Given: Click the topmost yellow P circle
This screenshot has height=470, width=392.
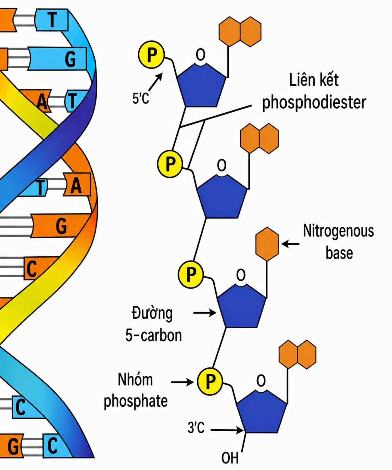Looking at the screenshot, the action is (x=151, y=54).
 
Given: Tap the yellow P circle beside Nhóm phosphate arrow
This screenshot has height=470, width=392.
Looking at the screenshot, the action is (x=210, y=382).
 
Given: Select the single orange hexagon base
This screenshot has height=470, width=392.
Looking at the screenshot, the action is (x=267, y=244).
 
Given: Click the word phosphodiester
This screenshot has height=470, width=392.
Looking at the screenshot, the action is (x=314, y=103).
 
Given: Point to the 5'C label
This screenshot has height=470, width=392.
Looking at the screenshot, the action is (x=141, y=99).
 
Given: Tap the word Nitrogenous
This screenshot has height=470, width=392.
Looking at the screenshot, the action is (x=338, y=231).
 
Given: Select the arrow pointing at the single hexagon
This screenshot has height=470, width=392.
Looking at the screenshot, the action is (x=290, y=243).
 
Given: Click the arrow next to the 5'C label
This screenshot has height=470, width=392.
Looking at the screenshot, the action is (x=155, y=81).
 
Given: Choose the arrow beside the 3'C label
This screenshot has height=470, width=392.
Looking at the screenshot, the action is (x=227, y=430).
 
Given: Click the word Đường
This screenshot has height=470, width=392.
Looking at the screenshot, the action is (x=152, y=313).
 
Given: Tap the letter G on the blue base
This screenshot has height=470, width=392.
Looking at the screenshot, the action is (x=70, y=60).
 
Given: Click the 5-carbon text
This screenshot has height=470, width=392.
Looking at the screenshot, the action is (x=154, y=335).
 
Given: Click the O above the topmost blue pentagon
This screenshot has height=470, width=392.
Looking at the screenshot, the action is (x=200, y=55).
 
